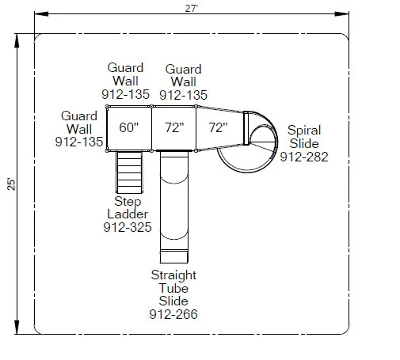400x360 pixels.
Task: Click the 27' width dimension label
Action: pyautogui.click(x=192, y=9)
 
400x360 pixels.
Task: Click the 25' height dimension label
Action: pyautogui.click(x=11, y=184)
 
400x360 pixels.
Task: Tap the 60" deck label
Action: pyautogui.click(x=128, y=127)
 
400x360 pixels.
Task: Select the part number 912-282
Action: pyautogui.click(x=304, y=157)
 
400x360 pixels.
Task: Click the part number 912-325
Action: pyautogui.click(x=128, y=227)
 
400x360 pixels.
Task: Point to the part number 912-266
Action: pyautogui.click(x=173, y=314)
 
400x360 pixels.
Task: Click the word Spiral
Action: pyautogui.click(x=304, y=131)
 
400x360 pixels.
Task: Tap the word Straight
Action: pyautogui.click(x=173, y=275)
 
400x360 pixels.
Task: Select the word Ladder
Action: pyautogui.click(x=128, y=214)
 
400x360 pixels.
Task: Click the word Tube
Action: pyautogui.click(x=173, y=288)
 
